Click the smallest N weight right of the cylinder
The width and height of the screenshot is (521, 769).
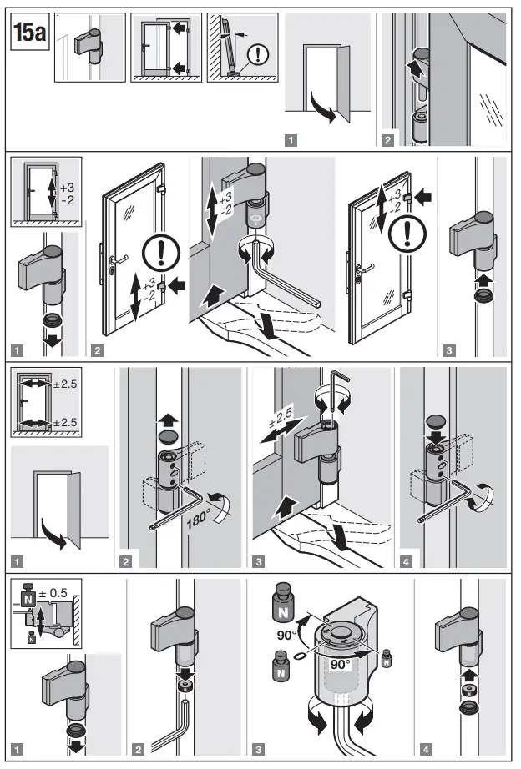386,656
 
